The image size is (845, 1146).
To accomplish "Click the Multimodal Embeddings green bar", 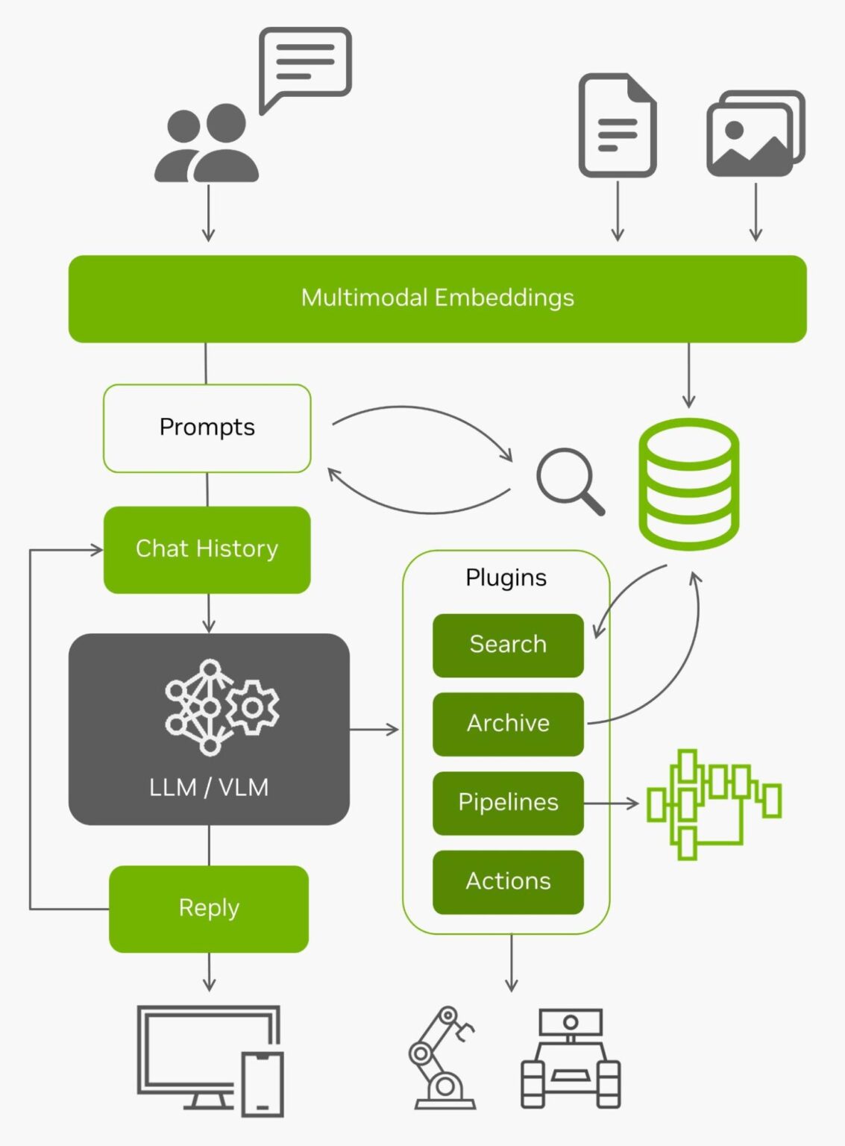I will tap(437, 298).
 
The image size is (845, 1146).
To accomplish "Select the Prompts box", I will tap(207, 428).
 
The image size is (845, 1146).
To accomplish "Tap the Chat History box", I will tap(207, 549).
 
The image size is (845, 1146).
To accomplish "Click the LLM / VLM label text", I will tap(209, 787).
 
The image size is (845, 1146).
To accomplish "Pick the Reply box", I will tap(209, 908).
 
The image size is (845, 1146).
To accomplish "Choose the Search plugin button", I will tap(508, 645).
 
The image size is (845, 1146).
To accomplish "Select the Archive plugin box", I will tap(508, 724).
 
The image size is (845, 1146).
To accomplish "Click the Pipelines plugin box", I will tap(508, 803).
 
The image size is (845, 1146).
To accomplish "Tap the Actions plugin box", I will tap(508, 882).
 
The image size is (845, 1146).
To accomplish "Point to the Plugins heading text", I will tap(506, 577).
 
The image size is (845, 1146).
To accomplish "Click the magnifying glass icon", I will tap(568, 480).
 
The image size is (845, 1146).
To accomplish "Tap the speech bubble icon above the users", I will tap(304, 65).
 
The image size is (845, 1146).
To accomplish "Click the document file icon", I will tap(617, 125).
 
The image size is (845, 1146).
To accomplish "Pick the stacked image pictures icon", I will tap(755, 134).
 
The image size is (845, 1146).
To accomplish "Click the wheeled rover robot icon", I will tap(571, 1059).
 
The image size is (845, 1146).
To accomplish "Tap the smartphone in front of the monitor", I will tap(263, 1084).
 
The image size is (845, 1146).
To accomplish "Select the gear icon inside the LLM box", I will tap(254, 707).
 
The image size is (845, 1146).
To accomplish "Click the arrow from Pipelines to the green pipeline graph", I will tap(611, 804).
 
